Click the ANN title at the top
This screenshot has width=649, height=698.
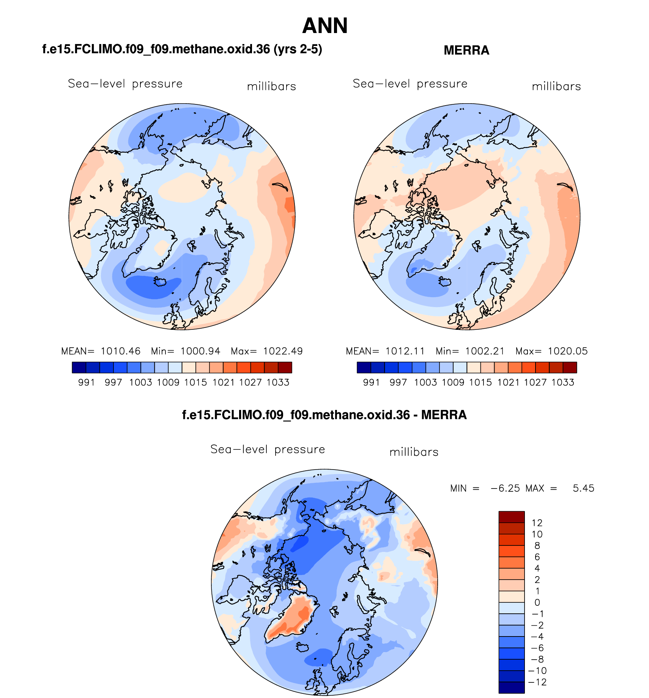(325, 26)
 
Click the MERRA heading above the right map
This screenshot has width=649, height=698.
(466, 50)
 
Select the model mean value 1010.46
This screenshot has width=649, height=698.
(120, 351)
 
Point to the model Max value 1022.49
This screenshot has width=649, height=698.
(283, 351)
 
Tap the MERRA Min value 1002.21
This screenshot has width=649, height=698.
(485, 351)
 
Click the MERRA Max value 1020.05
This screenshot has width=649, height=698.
(567, 351)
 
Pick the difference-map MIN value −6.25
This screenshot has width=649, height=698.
(505, 488)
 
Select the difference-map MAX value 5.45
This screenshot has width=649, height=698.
(583, 488)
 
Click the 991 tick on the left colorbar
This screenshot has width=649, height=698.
(87, 382)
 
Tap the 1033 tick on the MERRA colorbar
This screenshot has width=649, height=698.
(562, 382)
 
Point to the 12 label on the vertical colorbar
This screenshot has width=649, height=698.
(537, 523)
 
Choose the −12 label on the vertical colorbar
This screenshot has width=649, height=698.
(537, 682)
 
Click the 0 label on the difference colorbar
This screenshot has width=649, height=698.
(537, 602)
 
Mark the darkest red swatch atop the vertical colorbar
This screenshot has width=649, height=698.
(511, 517)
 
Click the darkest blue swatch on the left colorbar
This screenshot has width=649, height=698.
(79, 367)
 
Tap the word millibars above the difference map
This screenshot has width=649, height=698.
(414, 452)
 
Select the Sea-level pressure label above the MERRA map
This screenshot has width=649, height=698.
(410, 84)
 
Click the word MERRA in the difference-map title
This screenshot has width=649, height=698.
(444, 415)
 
